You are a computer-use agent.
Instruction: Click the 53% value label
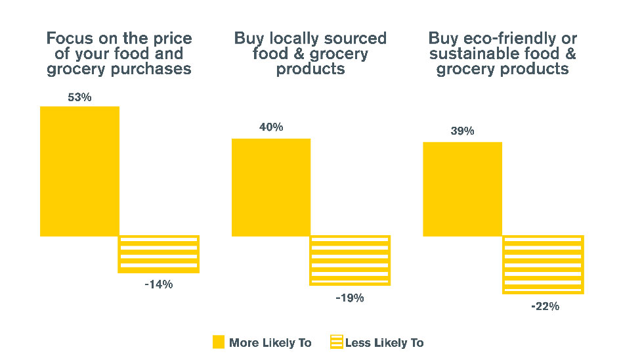(x=79, y=97)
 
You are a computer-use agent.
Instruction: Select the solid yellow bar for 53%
(x=79, y=171)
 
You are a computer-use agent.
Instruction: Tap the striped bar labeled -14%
(x=158, y=254)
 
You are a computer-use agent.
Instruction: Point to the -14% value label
(x=158, y=284)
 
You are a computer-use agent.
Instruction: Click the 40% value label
(x=271, y=127)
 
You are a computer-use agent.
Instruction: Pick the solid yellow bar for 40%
(x=271, y=187)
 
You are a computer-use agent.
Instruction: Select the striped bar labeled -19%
(x=350, y=260)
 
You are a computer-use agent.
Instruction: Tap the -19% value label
(x=350, y=298)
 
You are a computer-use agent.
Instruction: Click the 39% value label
(x=462, y=131)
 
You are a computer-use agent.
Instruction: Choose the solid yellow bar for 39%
(x=462, y=189)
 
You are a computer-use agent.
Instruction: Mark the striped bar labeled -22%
(x=543, y=264)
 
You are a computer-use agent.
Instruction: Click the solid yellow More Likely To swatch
(x=219, y=342)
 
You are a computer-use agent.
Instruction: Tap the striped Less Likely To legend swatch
(x=336, y=342)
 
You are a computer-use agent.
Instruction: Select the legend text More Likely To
(x=270, y=343)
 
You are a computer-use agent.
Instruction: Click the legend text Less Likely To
(x=384, y=343)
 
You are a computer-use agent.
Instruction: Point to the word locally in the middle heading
(x=291, y=38)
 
